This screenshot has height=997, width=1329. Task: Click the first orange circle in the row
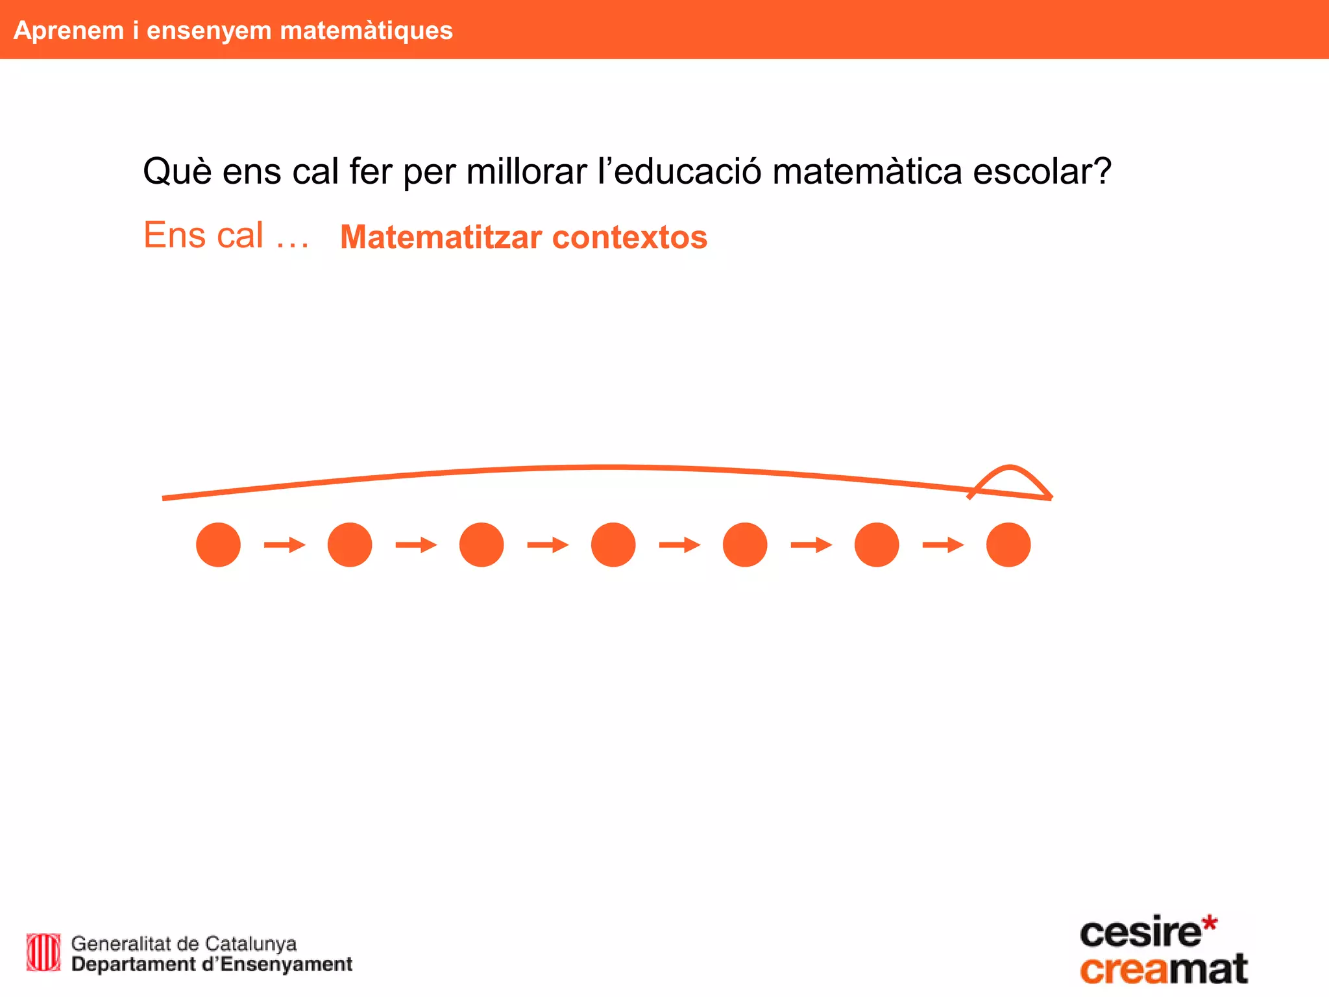(x=218, y=545)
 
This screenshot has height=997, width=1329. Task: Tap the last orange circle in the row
(x=1008, y=545)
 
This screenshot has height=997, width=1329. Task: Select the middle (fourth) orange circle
(x=613, y=545)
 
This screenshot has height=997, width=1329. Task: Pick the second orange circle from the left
(x=350, y=545)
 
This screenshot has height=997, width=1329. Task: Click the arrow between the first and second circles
(x=284, y=545)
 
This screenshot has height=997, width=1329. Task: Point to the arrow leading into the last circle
(x=942, y=545)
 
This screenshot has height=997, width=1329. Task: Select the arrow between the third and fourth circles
(x=548, y=545)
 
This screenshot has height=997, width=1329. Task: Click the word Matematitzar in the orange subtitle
(x=441, y=237)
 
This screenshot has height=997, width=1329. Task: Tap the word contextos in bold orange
(x=629, y=237)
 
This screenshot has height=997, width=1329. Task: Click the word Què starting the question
(x=177, y=172)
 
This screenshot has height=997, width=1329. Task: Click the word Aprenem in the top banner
(x=69, y=31)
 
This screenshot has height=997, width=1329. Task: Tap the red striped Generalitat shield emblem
(x=43, y=953)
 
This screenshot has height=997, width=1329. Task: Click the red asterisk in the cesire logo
(x=1209, y=924)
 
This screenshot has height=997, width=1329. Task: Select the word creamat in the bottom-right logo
(x=1164, y=970)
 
